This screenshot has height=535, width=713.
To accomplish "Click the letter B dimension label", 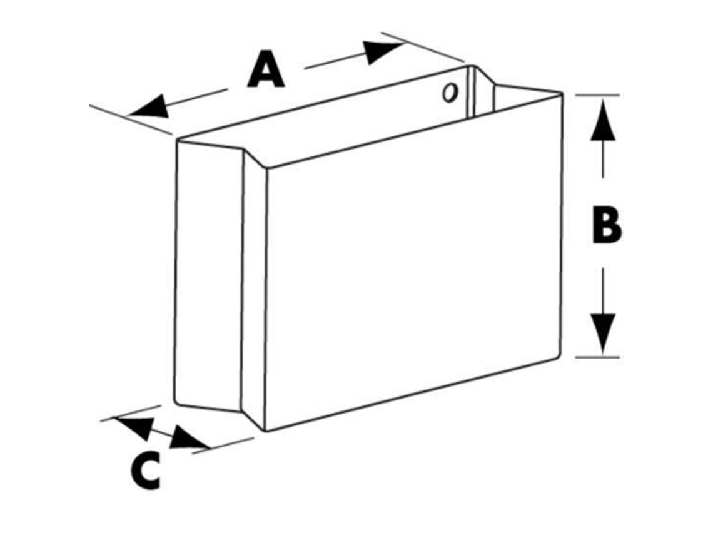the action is click(607, 224).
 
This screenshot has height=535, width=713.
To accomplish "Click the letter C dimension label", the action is click(146, 471).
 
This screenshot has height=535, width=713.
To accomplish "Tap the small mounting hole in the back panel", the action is click(450, 93).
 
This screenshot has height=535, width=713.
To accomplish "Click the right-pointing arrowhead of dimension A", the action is click(383, 51).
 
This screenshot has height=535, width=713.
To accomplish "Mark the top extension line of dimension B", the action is click(597, 95).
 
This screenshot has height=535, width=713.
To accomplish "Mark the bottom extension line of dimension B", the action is click(597, 357).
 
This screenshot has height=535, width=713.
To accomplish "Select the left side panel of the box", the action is click(209, 275).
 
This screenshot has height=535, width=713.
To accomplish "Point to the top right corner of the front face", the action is click(562, 94).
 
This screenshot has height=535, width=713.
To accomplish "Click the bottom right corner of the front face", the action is click(559, 357).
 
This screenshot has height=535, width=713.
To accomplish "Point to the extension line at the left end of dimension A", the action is click(131, 120).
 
